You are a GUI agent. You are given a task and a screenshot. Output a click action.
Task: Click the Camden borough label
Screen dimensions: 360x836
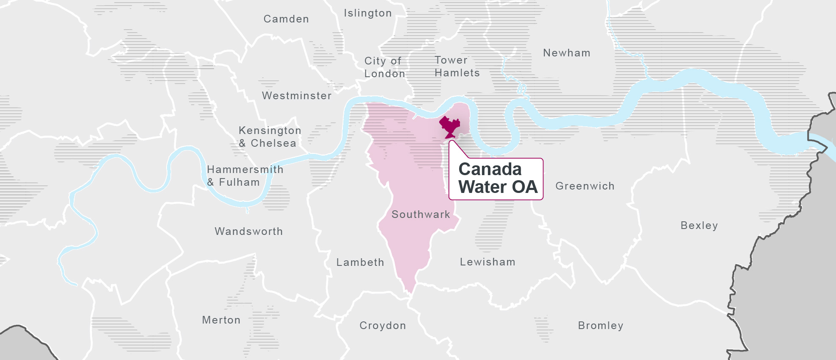pos(286,19)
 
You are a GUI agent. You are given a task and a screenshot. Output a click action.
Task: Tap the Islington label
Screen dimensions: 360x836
pos(368,13)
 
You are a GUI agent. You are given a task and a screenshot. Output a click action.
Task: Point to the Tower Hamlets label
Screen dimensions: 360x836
pos(457,67)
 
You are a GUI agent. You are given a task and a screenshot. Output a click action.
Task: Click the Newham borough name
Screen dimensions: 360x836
pos(567,53)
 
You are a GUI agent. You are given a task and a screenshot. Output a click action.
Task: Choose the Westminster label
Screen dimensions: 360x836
pos(297,96)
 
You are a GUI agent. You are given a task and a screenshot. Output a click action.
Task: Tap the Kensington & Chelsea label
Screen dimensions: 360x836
pos(270,137)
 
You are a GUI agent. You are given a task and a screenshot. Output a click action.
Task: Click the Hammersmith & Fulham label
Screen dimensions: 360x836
pos(245,176)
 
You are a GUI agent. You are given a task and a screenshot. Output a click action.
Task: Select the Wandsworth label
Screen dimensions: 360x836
pos(248,232)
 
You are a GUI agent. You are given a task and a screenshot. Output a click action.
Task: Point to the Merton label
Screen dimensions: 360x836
pos(221,320)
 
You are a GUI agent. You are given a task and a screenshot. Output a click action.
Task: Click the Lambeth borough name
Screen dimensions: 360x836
pos(360,262)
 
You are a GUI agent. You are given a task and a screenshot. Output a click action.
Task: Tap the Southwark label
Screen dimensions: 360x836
pos(421,215)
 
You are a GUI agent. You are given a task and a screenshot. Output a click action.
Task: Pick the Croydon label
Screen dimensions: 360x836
pos(383,326)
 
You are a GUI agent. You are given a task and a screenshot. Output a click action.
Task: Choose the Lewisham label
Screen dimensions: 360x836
pos(488,262)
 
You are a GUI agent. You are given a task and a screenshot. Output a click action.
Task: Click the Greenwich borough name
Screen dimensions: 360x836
pos(585,186)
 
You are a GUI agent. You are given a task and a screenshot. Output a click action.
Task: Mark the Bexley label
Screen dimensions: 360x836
pos(699,226)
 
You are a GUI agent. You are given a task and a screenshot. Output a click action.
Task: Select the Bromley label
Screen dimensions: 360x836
pos(601,326)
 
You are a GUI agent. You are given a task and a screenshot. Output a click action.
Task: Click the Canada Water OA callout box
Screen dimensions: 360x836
pos(496,179)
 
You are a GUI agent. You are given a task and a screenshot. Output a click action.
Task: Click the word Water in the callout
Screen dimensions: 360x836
pos(482,187)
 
